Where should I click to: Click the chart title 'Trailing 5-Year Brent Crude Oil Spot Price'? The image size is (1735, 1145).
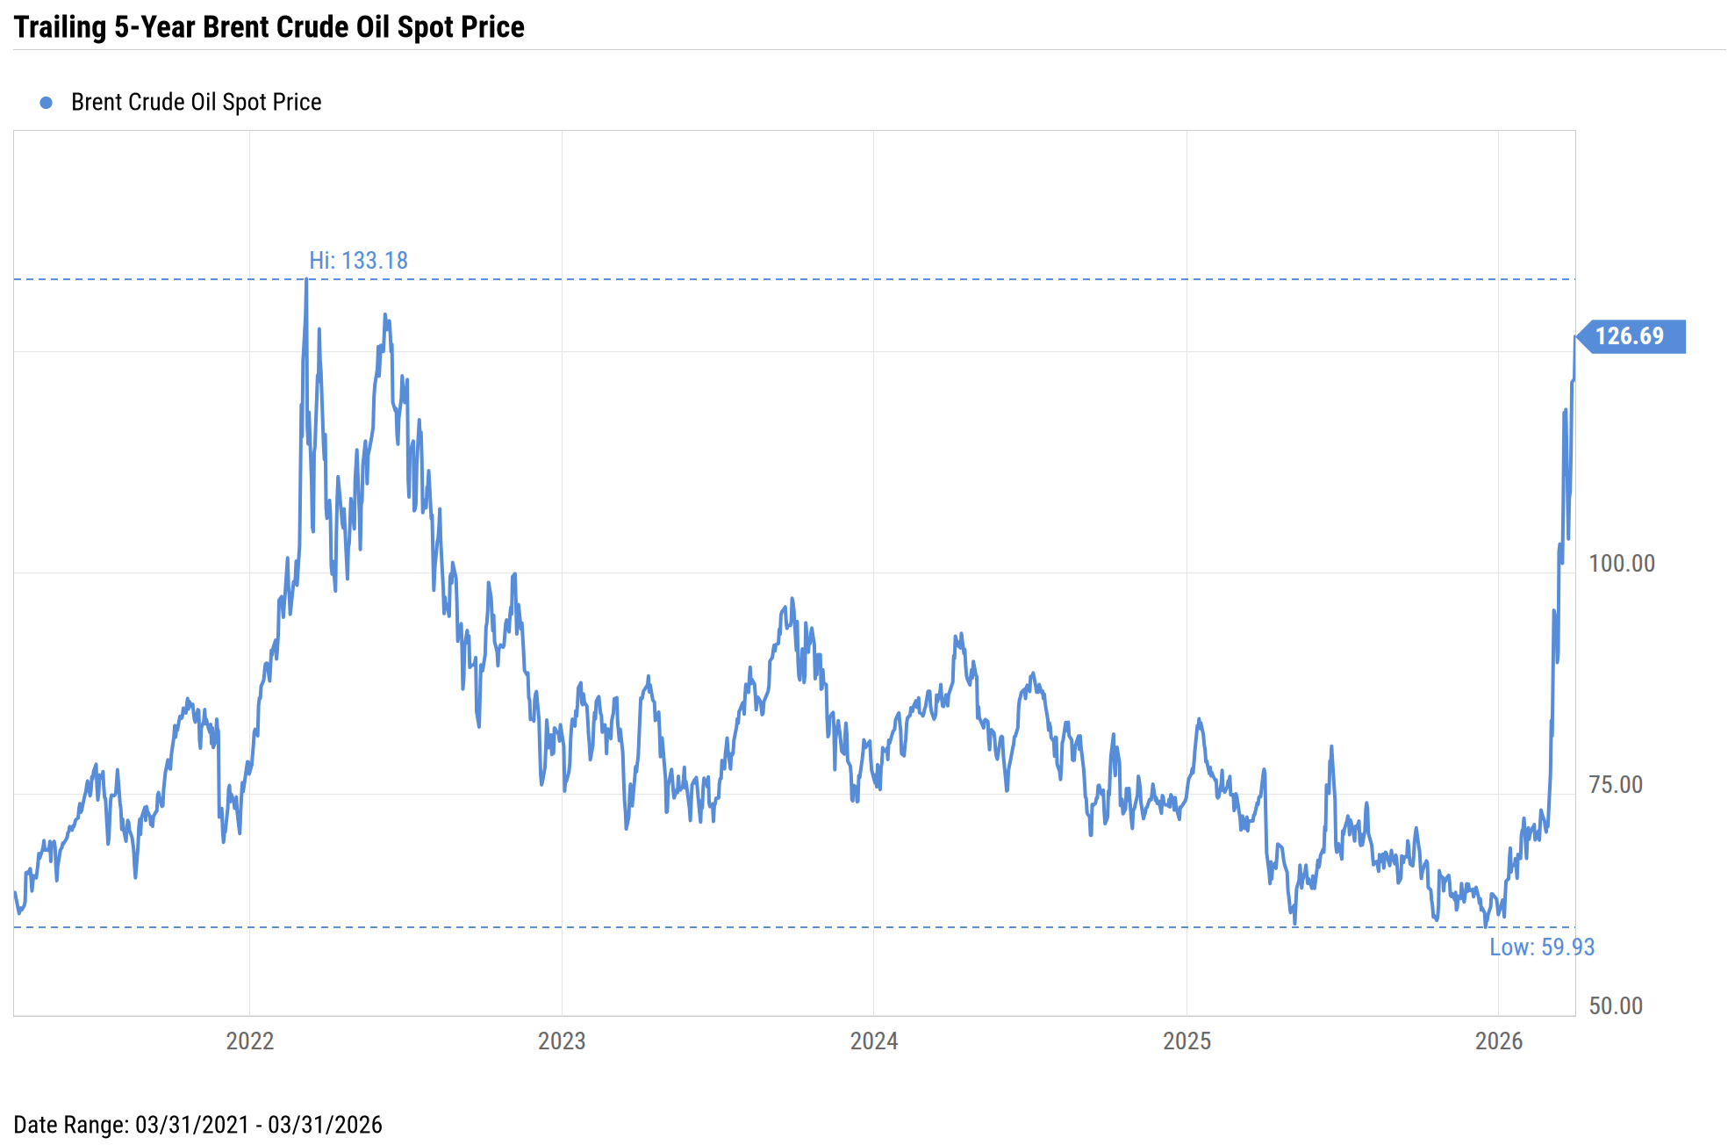point(269,27)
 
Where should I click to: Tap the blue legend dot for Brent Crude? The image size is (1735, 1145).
point(47,103)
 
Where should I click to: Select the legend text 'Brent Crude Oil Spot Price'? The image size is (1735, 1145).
point(196,103)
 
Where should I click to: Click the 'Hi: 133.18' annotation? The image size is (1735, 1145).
point(358,261)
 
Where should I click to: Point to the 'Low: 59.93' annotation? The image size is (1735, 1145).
point(1541,947)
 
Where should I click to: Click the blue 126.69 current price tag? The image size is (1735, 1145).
point(1631,336)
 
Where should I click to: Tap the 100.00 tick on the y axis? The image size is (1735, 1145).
point(1622,564)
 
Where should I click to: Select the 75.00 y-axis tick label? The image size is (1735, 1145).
point(1616,785)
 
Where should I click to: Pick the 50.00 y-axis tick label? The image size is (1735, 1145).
point(1616,1006)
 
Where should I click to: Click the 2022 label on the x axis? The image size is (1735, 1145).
point(250,1041)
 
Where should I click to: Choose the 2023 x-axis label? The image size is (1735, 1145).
point(562,1041)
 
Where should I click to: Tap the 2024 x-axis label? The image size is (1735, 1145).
point(874,1041)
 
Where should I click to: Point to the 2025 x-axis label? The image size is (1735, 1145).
point(1187,1041)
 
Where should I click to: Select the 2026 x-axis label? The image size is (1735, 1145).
point(1499,1041)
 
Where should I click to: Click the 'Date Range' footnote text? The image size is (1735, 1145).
point(197,1126)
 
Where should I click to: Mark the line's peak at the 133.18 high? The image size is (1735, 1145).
point(306,280)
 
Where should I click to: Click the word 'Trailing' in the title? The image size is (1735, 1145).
point(60,27)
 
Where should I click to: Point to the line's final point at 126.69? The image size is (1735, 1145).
point(1574,337)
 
